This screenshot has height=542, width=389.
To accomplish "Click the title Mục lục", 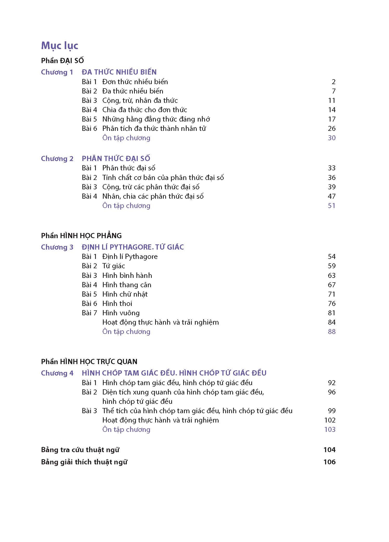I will [x=60, y=46].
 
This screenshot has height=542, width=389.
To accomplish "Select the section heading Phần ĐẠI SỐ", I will [x=62, y=61].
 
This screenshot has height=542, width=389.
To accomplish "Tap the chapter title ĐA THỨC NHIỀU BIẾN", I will [x=119, y=72].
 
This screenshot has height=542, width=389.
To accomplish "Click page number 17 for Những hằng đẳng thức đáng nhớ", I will [x=332, y=119].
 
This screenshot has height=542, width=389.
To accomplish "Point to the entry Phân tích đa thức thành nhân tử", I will [x=154, y=129].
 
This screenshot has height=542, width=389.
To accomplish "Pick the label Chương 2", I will [x=57, y=159].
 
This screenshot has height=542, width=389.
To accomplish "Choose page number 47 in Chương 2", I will [x=332, y=196].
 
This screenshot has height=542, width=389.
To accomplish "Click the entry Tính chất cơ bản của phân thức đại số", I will [x=163, y=178].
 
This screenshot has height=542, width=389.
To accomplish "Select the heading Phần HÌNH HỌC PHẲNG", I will [x=81, y=236].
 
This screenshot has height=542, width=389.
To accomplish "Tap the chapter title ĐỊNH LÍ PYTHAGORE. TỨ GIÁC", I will [x=133, y=247].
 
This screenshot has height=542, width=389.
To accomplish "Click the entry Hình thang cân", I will [x=127, y=285].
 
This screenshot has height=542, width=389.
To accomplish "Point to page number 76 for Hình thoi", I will [x=332, y=304].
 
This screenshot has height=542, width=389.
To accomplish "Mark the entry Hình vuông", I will [x=121, y=313].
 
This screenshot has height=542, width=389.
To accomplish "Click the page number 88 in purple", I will [x=332, y=332].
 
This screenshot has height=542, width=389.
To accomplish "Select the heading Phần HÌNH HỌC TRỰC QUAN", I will [x=89, y=362].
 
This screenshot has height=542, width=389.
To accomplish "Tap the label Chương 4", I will [x=57, y=373].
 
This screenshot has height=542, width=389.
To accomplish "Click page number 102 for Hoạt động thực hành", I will [x=330, y=420].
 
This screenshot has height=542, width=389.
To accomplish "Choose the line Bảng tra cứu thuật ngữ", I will [x=80, y=450].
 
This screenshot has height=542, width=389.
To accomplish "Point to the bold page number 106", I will [x=329, y=462].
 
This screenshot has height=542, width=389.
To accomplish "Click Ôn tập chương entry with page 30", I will [x=126, y=138].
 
